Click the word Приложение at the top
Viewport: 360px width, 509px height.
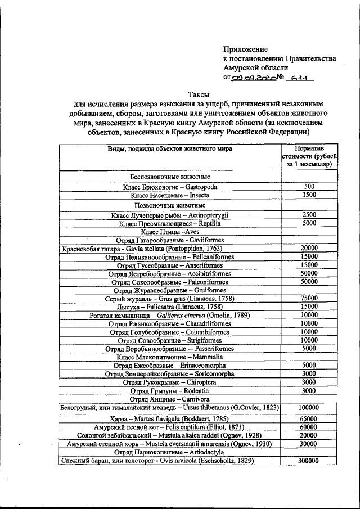click(x=245, y=49)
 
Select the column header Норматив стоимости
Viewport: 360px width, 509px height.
click(x=308, y=156)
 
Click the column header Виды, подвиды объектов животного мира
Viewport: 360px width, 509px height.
click(x=170, y=149)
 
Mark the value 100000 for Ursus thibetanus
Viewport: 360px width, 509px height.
click(x=308, y=408)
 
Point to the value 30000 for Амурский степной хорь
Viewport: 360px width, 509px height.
click(x=308, y=444)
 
